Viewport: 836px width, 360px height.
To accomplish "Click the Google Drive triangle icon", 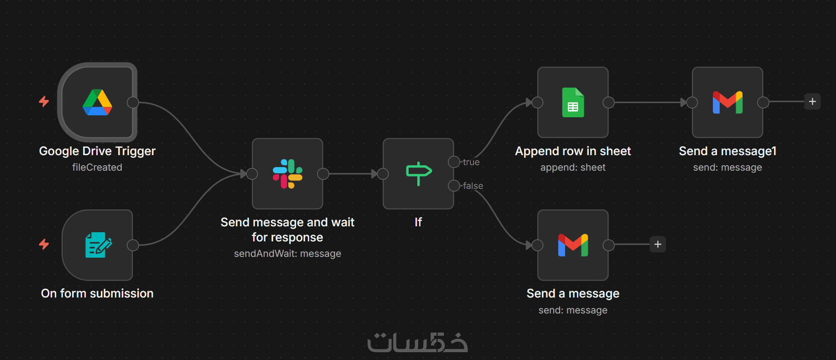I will (97, 102).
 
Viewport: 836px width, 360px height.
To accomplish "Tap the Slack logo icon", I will (287, 174).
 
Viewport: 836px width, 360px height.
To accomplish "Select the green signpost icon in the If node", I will (419, 173).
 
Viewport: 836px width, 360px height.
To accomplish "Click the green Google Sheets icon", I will (573, 103).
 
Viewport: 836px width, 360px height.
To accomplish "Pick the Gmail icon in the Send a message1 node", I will (727, 102).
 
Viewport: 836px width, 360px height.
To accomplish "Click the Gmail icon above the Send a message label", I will (573, 245).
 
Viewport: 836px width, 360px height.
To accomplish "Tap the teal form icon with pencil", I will (98, 245).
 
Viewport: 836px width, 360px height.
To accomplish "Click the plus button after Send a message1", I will (812, 101).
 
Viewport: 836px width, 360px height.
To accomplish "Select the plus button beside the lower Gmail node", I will (658, 245).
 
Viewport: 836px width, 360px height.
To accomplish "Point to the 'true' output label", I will (471, 162).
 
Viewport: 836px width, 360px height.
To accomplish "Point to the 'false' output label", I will (473, 186).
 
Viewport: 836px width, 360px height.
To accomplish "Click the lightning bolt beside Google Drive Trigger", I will (44, 101).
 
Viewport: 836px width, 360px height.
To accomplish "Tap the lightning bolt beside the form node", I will (44, 244).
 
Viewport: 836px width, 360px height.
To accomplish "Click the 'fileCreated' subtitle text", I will (97, 167).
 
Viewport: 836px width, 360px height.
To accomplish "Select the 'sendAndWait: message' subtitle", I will (287, 254).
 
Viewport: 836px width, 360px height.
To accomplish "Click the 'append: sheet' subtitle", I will (573, 167).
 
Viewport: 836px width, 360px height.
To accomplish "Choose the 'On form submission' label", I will (97, 293).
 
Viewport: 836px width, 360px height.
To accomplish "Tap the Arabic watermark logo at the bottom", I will (418, 342).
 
